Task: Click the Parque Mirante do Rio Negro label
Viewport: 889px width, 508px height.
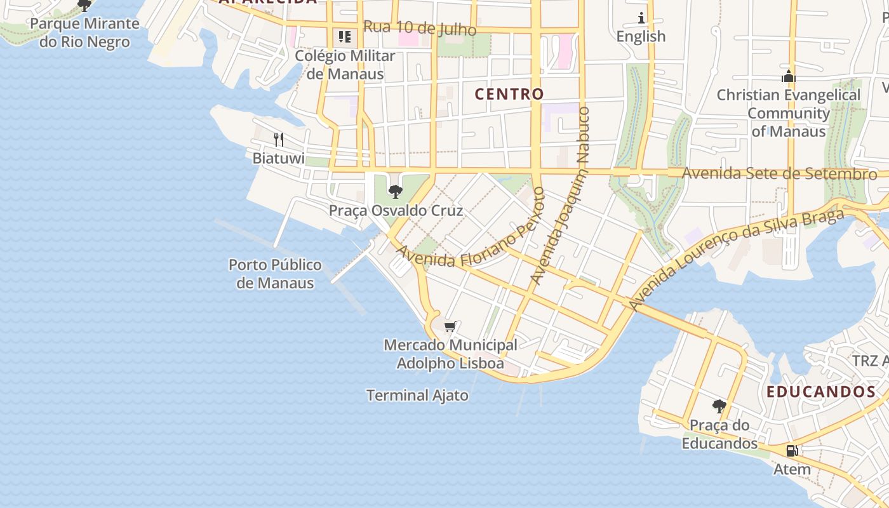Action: pyautogui.click(x=84, y=33)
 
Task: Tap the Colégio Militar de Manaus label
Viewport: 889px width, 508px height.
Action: pyautogui.click(x=345, y=65)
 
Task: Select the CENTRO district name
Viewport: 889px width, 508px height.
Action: pyautogui.click(x=509, y=94)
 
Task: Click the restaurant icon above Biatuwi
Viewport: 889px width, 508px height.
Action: pyautogui.click(x=278, y=139)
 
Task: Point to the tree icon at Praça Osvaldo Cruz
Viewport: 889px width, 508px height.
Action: pyautogui.click(x=395, y=191)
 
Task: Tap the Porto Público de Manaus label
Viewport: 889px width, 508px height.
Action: pyautogui.click(x=275, y=274)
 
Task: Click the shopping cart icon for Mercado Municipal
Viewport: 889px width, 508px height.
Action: pyautogui.click(x=450, y=326)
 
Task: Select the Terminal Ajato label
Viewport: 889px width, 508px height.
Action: pyautogui.click(x=417, y=395)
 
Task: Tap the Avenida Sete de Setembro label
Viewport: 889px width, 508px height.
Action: pyautogui.click(x=779, y=173)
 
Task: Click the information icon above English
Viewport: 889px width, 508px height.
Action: pyautogui.click(x=641, y=18)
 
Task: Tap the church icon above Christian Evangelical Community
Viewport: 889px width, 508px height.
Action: pyautogui.click(x=788, y=77)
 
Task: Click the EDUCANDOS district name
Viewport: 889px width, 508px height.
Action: pyautogui.click(x=821, y=392)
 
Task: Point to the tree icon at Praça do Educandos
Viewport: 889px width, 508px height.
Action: pyautogui.click(x=719, y=406)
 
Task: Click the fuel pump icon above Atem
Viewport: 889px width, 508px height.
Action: pyautogui.click(x=792, y=451)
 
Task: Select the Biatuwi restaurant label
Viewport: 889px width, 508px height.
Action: pyautogui.click(x=279, y=158)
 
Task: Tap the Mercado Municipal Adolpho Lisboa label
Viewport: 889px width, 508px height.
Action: pyautogui.click(x=450, y=354)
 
